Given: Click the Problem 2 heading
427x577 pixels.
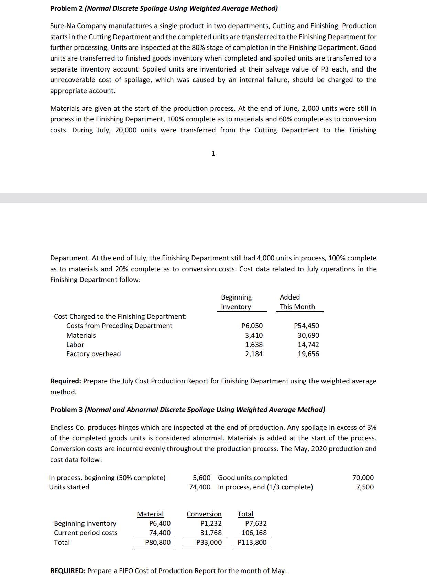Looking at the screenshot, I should pyautogui.click(x=164, y=8).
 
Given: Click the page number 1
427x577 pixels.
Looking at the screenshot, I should pyautogui.click(x=213, y=154).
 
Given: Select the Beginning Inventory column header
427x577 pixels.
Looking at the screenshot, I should pyautogui.click(x=236, y=302).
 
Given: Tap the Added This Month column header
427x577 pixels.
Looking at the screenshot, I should pyautogui.click(x=297, y=302).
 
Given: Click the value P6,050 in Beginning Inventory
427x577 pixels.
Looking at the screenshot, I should pyautogui.click(x=252, y=326).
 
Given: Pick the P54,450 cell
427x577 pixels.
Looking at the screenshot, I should pyautogui.click(x=307, y=326).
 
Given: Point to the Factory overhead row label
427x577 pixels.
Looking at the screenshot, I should pyautogui.click(x=94, y=354).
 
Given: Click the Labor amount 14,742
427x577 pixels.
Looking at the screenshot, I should pyautogui.click(x=308, y=345).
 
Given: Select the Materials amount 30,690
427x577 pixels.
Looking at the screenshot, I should pyautogui.click(x=308, y=335).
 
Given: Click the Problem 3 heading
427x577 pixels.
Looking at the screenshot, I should pyautogui.click(x=187, y=410).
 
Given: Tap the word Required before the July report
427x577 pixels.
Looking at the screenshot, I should pyautogui.click(x=66, y=381).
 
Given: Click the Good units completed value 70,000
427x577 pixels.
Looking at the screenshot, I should pyautogui.click(x=363, y=478).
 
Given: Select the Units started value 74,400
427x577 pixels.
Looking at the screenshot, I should pyautogui.click(x=200, y=487).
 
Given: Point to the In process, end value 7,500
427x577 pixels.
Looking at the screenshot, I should pyautogui.click(x=365, y=487).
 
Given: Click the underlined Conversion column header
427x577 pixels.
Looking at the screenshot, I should pyautogui.click(x=204, y=514).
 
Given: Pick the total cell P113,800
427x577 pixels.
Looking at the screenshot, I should pyautogui.click(x=252, y=542).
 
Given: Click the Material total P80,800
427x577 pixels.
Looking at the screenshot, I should pyautogui.click(x=158, y=542).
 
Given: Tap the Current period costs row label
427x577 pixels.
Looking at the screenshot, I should pyautogui.click(x=86, y=533).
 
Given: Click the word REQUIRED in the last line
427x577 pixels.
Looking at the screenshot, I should pyautogui.click(x=68, y=571).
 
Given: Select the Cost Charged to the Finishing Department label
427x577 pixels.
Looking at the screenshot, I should pyautogui.click(x=120, y=316).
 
